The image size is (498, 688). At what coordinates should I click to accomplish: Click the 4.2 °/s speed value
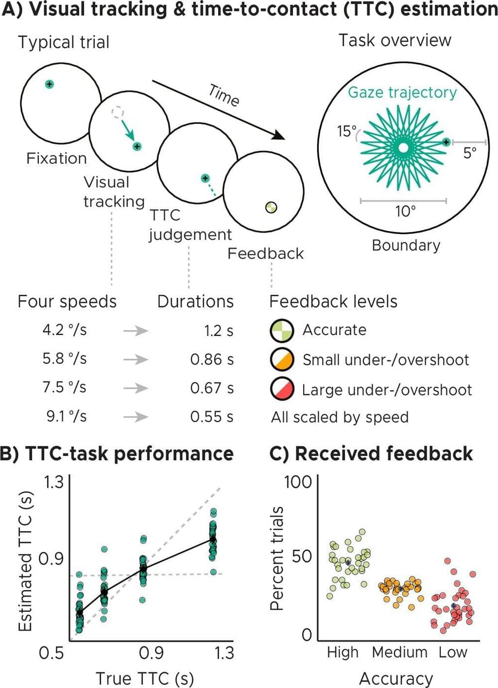[x=64, y=330]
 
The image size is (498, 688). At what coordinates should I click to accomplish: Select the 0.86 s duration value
[x=212, y=359]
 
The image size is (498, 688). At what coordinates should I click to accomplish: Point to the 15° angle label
[x=347, y=131]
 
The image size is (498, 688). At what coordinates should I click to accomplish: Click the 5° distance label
[x=470, y=153]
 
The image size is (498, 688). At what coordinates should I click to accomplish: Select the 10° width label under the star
[x=405, y=212]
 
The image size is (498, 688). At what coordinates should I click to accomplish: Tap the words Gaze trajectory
[x=402, y=93]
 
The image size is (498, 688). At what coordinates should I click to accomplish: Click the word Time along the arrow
[x=224, y=95]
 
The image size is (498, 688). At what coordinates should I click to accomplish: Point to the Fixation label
[x=56, y=158]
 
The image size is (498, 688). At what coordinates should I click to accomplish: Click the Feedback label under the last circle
[x=265, y=253]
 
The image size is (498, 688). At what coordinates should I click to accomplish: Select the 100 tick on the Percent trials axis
[x=297, y=482]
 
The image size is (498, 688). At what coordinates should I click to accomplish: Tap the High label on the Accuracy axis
[x=343, y=652]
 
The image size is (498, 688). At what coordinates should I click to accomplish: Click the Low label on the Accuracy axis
[x=453, y=652]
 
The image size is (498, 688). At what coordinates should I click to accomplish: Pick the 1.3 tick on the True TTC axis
[x=224, y=652]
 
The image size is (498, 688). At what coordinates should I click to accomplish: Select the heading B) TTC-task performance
[x=117, y=454]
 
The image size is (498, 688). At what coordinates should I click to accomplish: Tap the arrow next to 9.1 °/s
[x=135, y=417]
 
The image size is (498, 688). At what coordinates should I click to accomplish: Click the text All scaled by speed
[x=340, y=417]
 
